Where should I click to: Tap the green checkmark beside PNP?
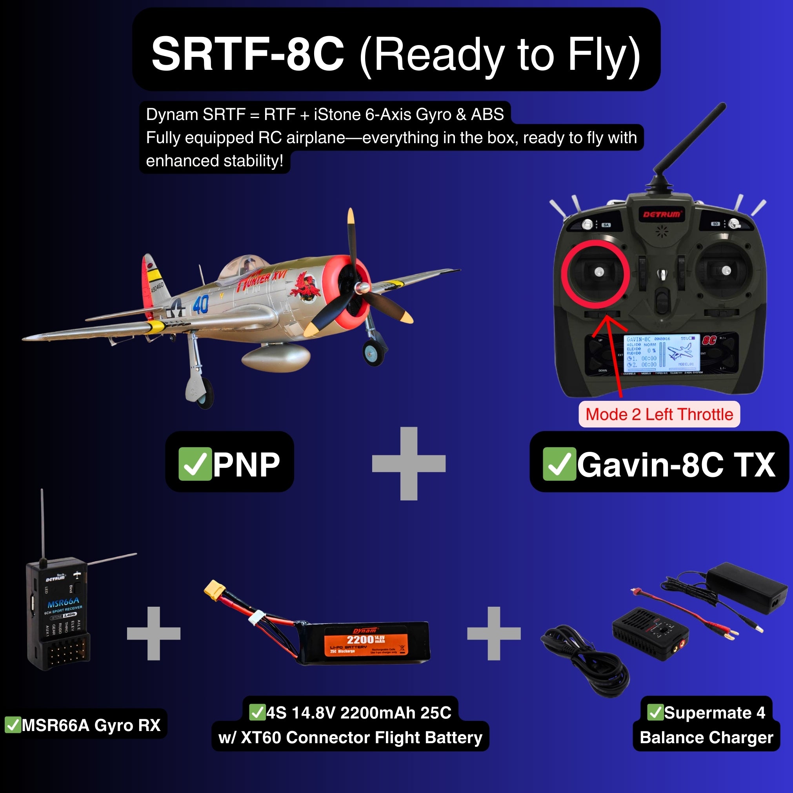click(x=195, y=464)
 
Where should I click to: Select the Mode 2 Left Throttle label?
click(x=659, y=414)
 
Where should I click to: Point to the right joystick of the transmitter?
click(x=726, y=270)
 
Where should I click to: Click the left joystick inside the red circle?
click(x=599, y=271)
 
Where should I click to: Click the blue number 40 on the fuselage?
click(x=201, y=305)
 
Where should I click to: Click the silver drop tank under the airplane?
click(x=275, y=356)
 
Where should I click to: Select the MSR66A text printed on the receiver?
click(x=63, y=603)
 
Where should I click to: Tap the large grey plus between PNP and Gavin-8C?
click(x=408, y=464)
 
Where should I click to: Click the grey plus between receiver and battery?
click(x=153, y=633)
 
